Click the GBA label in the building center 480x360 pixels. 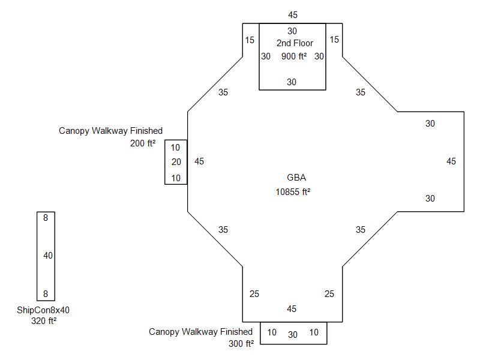pyautogui.click(x=292, y=178)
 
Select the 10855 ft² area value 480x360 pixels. pyautogui.click(x=292, y=192)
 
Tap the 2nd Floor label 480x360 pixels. pyautogui.click(x=292, y=43)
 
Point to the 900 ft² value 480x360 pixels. pyautogui.click(x=294, y=56)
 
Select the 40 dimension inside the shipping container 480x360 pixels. pyautogui.click(x=48, y=256)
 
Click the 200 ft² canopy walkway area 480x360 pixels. pyautogui.click(x=142, y=143)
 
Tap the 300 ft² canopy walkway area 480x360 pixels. pyautogui.click(x=241, y=344)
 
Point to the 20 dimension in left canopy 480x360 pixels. pyautogui.click(x=176, y=162)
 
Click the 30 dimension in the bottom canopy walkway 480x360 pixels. pyautogui.click(x=293, y=334)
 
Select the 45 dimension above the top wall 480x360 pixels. pyautogui.click(x=292, y=15)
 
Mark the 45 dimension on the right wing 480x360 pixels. pyautogui.click(x=451, y=161)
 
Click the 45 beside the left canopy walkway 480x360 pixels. pyautogui.click(x=199, y=161)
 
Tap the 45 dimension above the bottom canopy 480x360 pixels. pyautogui.click(x=292, y=309)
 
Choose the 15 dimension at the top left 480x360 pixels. pyautogui.click(x=250, y=40)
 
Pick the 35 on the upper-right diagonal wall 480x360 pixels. pyautogui.click(x=360, y=92)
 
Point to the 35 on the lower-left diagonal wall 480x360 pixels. pyautogui.click(x=223, y=230)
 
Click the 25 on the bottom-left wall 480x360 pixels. pyautogui.click(x=254, y=294)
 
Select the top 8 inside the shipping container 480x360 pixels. pyautogui.click(x=46, y=218)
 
